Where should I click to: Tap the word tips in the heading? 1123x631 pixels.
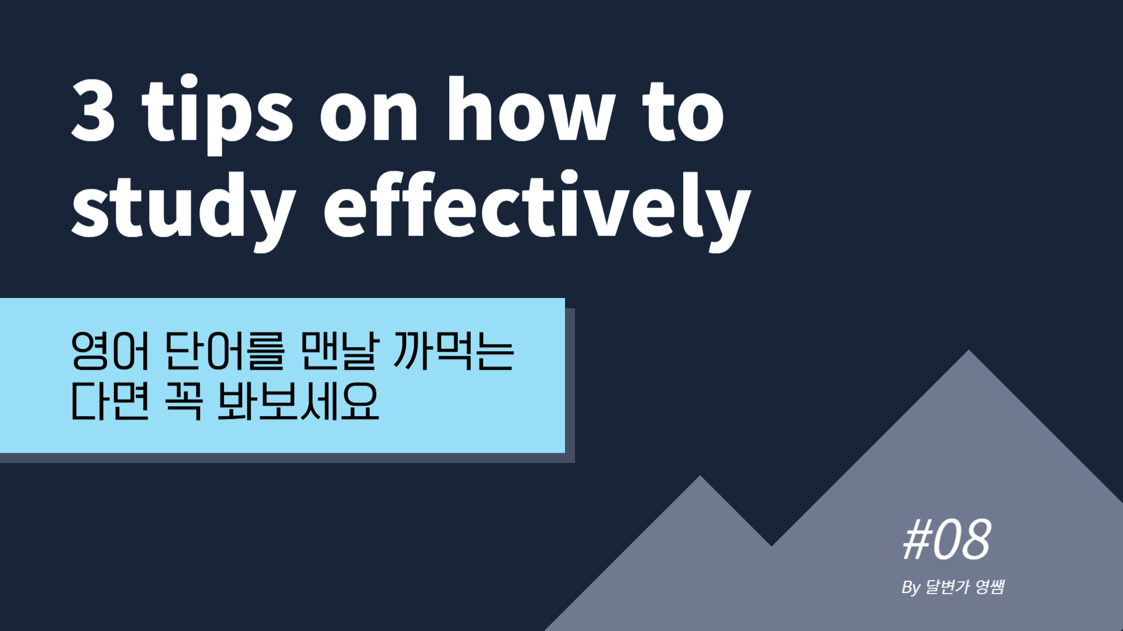[x=217, y=114]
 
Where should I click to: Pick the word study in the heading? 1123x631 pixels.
[x=183, y=210]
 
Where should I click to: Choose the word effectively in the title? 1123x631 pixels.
[x=537, y=210]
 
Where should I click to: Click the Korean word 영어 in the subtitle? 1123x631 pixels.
[x=111, y=351]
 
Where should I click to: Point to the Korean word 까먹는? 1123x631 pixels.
[x=454, y=351]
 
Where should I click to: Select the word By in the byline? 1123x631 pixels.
[x=911, y=587]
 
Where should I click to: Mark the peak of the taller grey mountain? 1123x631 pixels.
[x=969, y=350]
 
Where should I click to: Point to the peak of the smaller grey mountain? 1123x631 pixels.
[x=700, y=476]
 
